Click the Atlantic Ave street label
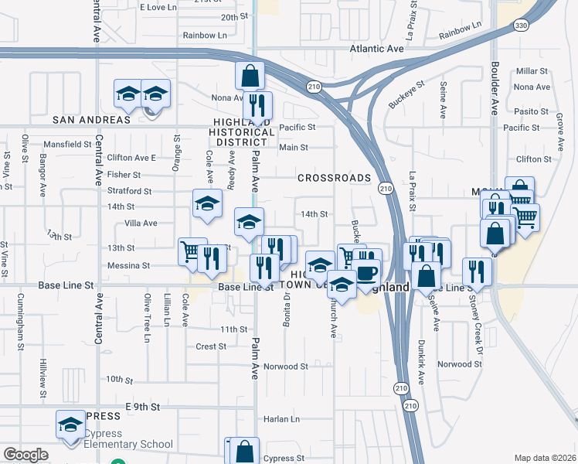(376, 48)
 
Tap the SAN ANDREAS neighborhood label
(91, 120)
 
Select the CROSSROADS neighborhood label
(335, 178)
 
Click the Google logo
(25, 455)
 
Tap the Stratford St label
(129, 191)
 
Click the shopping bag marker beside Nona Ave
(250, 76)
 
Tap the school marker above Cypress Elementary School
(70, 425)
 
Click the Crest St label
(210, 346)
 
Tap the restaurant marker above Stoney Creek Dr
(477, 271)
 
